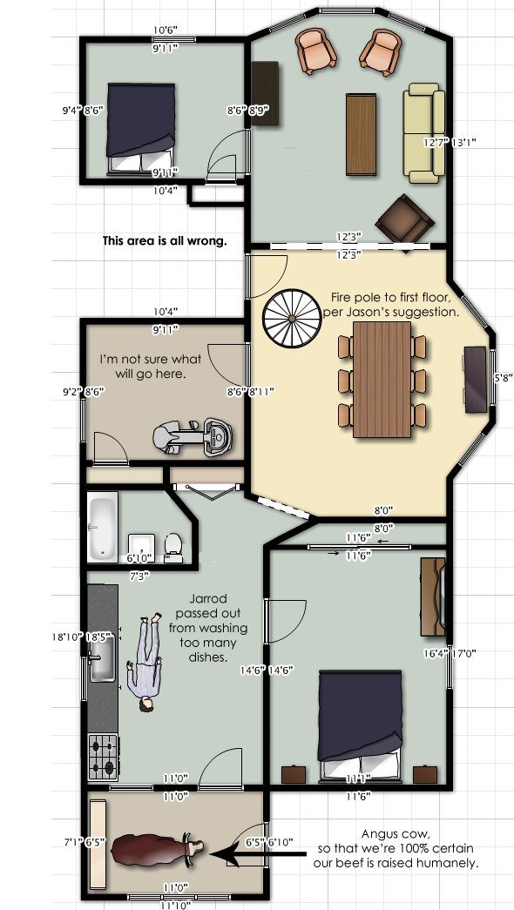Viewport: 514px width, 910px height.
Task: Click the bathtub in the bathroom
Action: tap(103, 527)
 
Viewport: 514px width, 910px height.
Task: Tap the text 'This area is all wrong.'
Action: tap(165, 241)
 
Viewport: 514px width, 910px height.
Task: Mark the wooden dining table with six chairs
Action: tap(382, 378)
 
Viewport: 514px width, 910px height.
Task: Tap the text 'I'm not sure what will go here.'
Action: tap(150, 366)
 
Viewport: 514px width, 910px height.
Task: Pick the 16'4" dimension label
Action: tap(436, 652)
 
